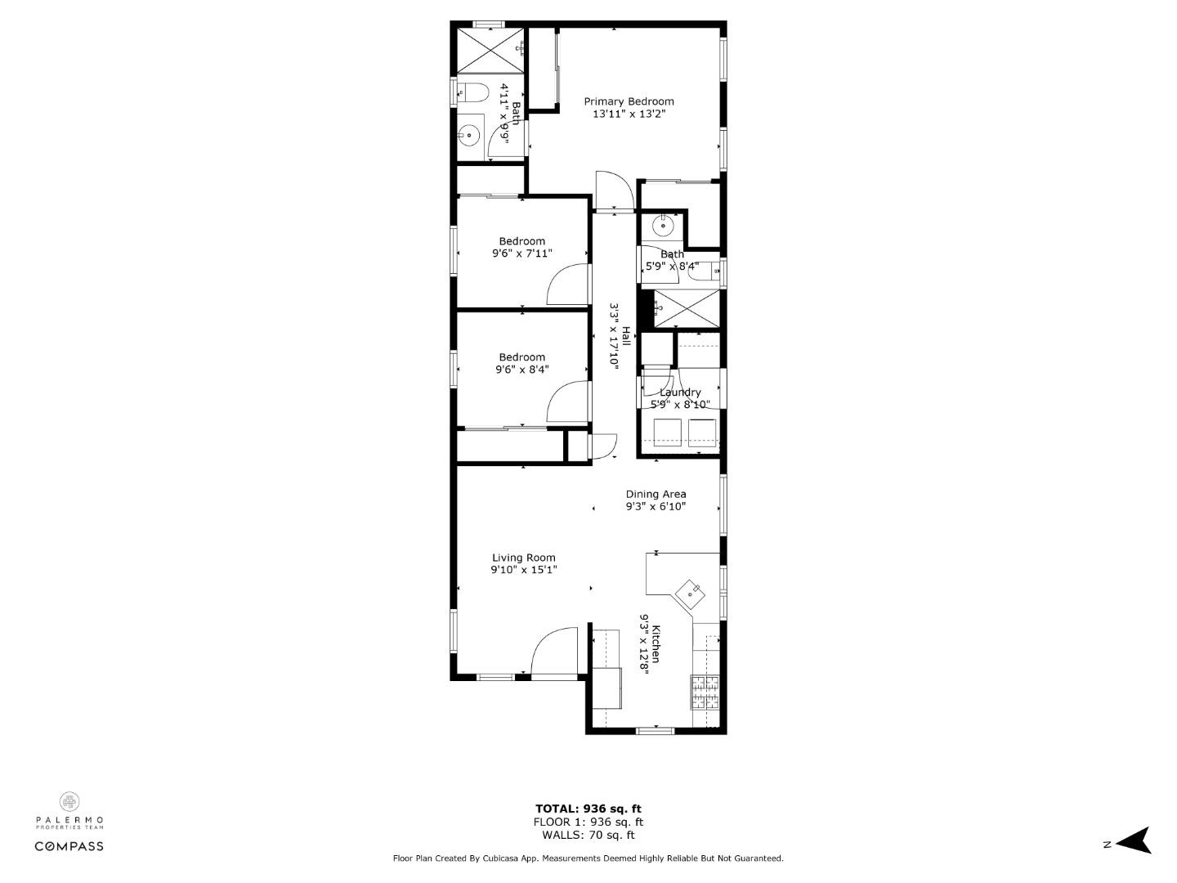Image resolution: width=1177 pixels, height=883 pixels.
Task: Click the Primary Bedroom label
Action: point(629,101)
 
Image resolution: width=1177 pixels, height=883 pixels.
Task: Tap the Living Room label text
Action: point(523,558)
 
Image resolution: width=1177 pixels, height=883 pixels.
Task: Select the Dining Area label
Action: point(656,494)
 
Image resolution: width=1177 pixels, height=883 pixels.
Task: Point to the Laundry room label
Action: point(680,392)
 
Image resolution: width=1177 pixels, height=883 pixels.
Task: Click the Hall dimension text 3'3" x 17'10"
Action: point(614,337)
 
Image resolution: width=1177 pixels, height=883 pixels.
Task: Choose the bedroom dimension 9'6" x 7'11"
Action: point(521,253)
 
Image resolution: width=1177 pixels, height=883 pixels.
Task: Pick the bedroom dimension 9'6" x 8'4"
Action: point(521,370)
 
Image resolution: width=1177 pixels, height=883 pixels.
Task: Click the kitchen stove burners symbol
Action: point(705,692)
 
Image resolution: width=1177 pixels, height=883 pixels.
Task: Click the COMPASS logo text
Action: point(69,846)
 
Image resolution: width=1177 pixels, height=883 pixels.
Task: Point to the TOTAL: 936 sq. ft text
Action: point(588,809)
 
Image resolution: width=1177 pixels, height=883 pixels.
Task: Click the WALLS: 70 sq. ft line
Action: point(588,835)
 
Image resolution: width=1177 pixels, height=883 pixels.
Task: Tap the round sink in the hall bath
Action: point(663,224)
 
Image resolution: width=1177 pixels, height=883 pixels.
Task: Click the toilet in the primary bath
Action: point(472,93)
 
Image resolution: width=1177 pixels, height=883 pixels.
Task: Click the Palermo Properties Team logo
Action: point(69,810)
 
